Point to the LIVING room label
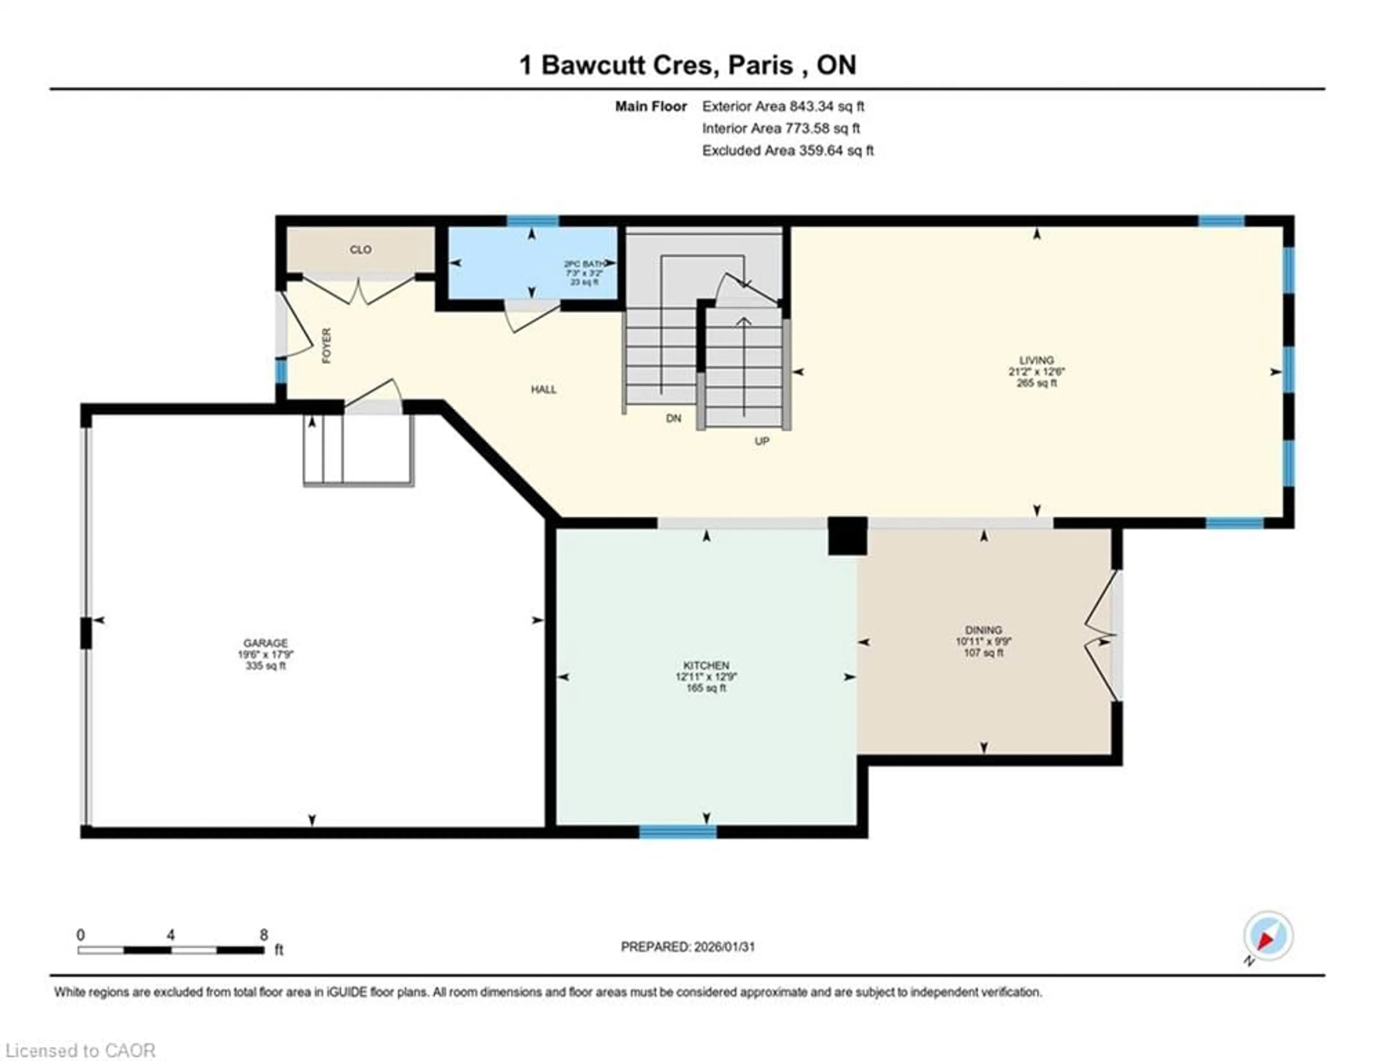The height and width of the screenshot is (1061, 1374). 1036,360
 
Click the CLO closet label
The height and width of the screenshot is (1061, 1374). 360,250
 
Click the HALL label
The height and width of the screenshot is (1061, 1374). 544,389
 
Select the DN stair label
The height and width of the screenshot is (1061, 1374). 673,418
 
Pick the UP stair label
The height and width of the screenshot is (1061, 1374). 762,441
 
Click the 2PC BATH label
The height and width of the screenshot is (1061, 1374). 585,264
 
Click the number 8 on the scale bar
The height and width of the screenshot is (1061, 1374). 264,935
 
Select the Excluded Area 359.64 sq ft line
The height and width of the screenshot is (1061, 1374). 788,150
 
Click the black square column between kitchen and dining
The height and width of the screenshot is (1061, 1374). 847,536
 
